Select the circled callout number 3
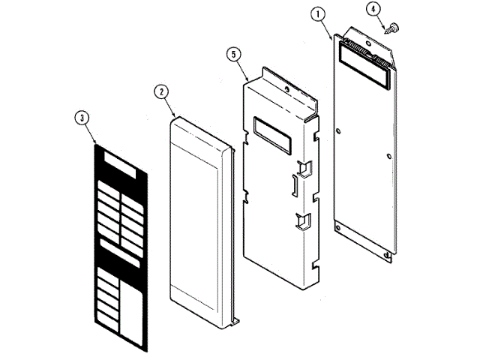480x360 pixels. point(82,117)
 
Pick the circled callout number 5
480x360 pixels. point(234,54)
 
